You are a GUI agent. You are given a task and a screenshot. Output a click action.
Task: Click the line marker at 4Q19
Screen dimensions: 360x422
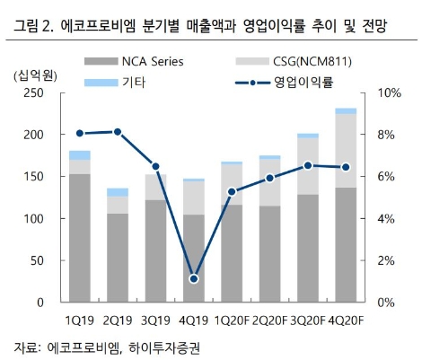click(193, 278)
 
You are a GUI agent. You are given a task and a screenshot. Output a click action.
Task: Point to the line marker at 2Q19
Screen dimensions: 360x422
click(117, 132)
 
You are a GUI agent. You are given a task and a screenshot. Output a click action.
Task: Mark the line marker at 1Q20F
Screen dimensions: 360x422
click(232, 191)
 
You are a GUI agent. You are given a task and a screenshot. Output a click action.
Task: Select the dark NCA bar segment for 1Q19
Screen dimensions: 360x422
click(79, 238)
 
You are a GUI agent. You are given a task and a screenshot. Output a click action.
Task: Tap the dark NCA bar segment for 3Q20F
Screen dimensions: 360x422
click(308, 248)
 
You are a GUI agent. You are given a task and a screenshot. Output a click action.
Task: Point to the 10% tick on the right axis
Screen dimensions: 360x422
click(389, 93)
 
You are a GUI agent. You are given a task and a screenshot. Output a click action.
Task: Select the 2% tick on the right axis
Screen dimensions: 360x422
click(385, 260)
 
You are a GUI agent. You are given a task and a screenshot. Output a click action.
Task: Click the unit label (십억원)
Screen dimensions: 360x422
click(36, 75)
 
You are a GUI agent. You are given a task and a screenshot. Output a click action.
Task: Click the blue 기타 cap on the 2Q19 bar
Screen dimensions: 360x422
click(117, 192)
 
